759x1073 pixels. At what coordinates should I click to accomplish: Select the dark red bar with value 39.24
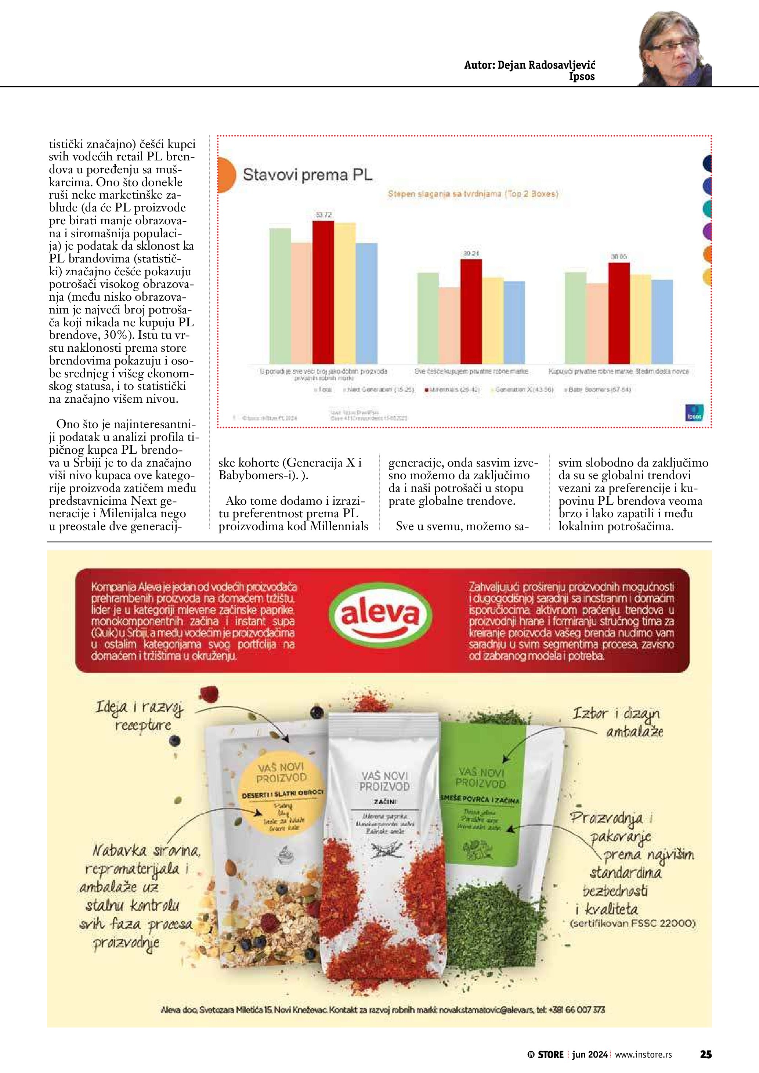pos(471,311)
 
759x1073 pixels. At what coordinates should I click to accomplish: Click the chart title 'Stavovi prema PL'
pos(307,175)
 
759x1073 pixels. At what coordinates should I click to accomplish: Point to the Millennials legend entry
pos(452,389)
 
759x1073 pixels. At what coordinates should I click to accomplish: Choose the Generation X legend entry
pos(523,389)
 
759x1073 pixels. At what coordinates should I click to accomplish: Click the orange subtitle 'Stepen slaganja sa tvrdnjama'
pos(473,193)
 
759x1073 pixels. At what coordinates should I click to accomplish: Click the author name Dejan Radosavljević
pos(530,65)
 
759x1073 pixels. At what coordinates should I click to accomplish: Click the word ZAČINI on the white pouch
pos(385,801)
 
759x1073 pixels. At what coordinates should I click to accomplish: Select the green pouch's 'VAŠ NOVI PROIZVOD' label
pos(480,777)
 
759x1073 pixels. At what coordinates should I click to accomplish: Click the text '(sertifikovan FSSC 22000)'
pos(632,924)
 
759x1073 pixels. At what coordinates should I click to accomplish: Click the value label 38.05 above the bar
pos(619,257)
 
